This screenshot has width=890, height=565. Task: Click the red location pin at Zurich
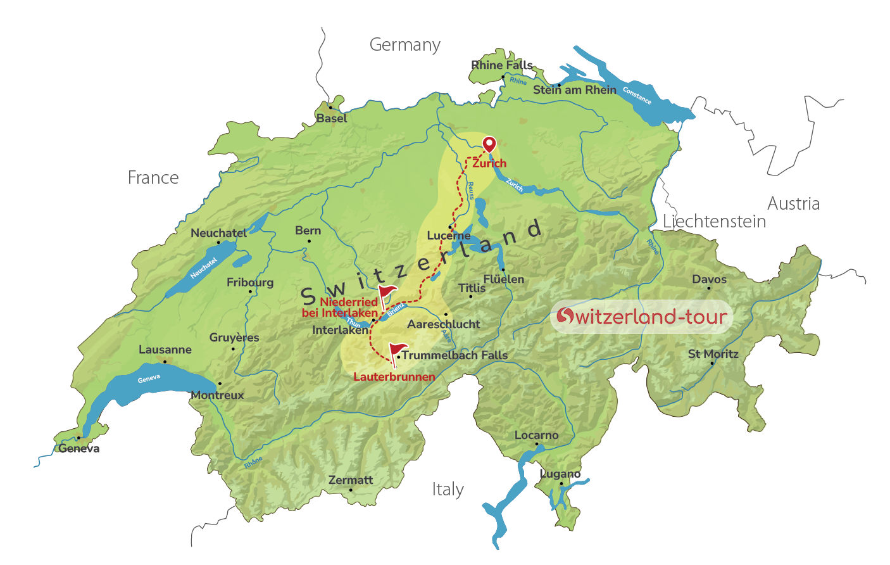click(x=489, y=144)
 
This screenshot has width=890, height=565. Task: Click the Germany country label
click(x=405, y=45)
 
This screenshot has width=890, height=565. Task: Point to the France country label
click(x=153, y=178)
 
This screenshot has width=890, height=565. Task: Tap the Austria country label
click(x=793, y=204)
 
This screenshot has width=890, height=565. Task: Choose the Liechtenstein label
click(x=714, y=222)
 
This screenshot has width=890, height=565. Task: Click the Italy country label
click(x=448, y=490)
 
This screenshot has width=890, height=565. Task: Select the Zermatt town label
click(x=351, y=480)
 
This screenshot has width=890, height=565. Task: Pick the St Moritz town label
click(x=713, y=354)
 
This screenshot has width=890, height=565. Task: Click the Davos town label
click(x=709, y=279)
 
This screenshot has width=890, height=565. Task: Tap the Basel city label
click(x=332, y=118)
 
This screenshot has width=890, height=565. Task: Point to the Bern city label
click(x=308, y=231)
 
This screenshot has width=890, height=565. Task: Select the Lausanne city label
click(x=165, y=350)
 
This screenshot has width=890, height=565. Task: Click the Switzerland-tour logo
click(x=642, y=316)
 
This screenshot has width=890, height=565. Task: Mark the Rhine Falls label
click(x=502, y=65)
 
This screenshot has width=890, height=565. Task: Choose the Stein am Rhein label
click(x=574, y=90)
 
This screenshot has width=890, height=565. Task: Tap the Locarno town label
click(x=536, y=435)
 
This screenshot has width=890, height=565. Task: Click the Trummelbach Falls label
click(x=455, y=355)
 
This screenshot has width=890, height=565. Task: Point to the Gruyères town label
click(x=234, y=338)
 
